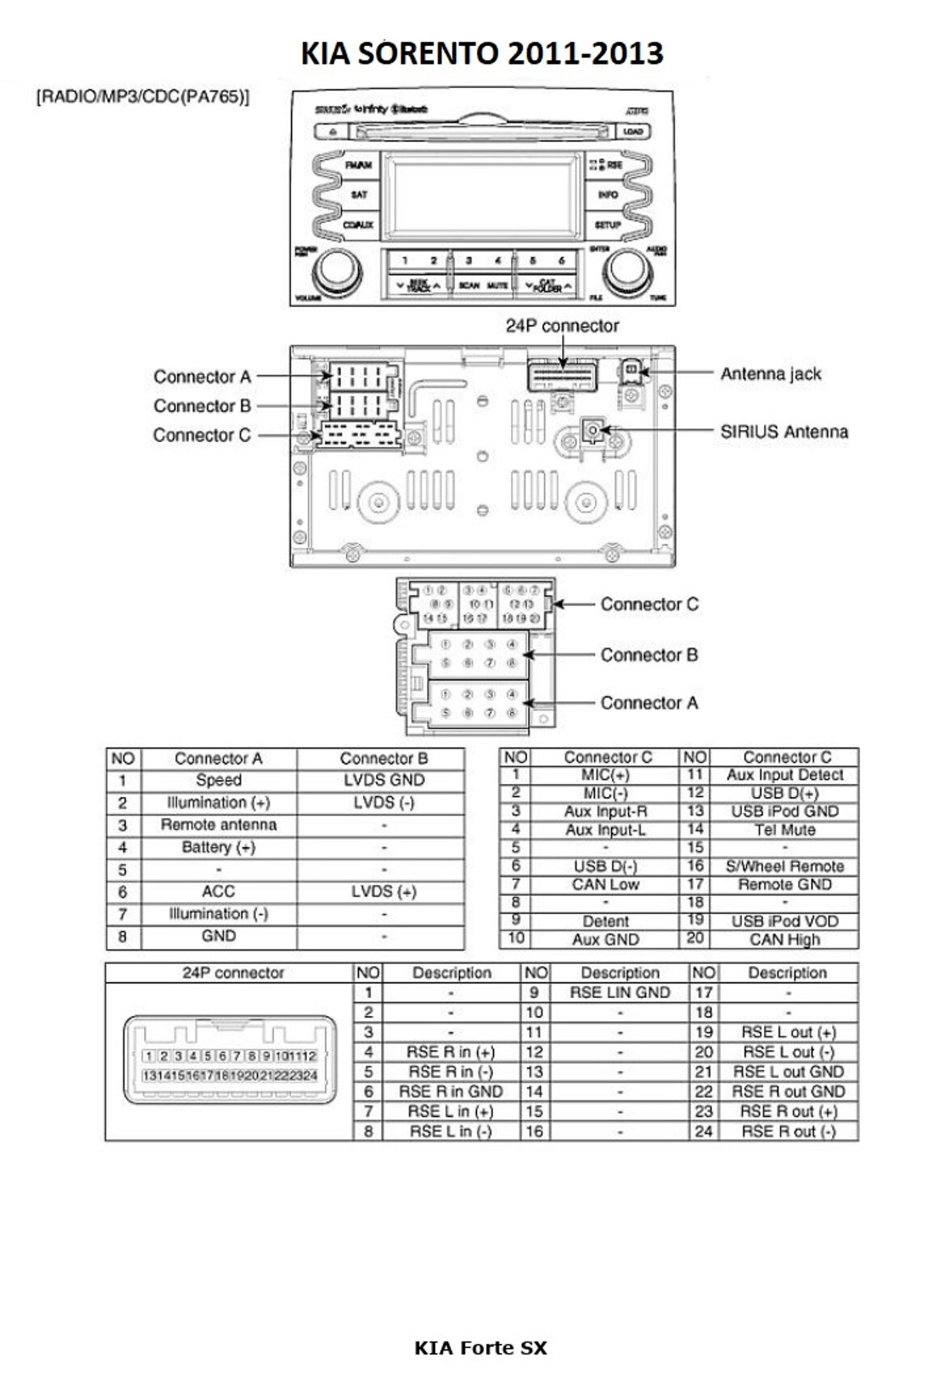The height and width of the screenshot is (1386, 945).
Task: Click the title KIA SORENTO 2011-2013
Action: pyautogui.click(x=482, y=53)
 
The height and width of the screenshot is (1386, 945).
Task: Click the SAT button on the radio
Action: pyautogui.click(x=359, y=195)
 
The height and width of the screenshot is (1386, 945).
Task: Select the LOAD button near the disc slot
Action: pyautogui.click(x=633, y=132)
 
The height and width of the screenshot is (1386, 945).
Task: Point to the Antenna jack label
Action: pyautogui.click(x=770, y=373)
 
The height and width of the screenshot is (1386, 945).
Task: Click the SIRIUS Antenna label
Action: pyautogui.click(x=784, y=432)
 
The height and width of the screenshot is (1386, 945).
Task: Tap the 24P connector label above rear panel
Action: pyautogui.click(x=562, y=326)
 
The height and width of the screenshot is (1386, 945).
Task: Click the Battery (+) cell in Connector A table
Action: pyautogui.click(x=218, y=847)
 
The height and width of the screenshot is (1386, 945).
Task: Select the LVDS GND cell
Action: pyautogui.click(x=383, y=780)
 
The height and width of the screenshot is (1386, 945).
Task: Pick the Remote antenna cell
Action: pyautogui.click(x=218, y=825)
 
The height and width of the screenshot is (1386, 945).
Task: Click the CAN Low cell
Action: pyautogui.click(x=605, y=884)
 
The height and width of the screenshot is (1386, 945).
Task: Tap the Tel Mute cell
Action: pyautogui.click(x=784, y=830)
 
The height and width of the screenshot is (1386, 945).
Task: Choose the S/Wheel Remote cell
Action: pyautogui.click(x=784, y=866)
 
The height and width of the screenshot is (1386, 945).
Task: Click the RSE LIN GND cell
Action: pyautogui.click(x=619, y=992)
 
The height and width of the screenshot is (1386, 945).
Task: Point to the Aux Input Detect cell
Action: pyautogui.click(x=784, y=775)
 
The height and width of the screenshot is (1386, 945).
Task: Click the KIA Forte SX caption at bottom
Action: pyautogui.click(x=480, y=1347)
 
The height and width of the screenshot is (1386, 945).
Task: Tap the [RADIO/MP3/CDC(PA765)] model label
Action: pyautogui.click(x=143, y=97)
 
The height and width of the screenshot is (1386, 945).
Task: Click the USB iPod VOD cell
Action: pyautogui.click(x=784, y=921)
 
